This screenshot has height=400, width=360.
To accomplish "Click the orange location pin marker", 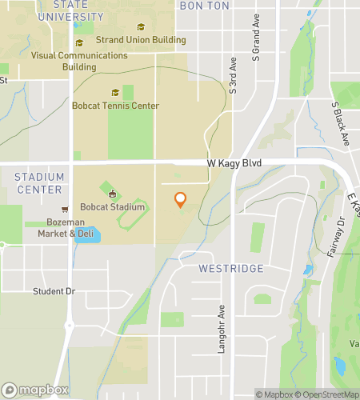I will coord(180,199).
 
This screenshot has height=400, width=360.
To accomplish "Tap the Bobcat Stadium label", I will coord(114,207).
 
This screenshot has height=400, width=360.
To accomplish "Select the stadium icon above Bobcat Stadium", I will coord(113,194).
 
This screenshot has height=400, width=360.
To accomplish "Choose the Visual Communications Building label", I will coord(79,61).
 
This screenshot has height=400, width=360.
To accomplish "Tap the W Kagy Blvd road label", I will coord(234,162).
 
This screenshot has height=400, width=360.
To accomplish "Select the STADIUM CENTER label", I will coord(38,183).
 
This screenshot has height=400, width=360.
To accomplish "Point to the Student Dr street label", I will coord(54,290).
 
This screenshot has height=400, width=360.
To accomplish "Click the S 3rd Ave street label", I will coord(233,75).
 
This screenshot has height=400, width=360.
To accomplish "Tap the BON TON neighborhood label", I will coord(206,6).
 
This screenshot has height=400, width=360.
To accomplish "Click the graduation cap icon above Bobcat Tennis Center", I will coord(115,93).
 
